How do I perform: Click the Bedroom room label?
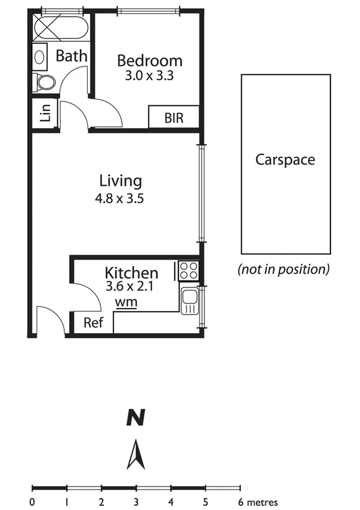click(150, 61)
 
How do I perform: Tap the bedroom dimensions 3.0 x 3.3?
click(150, 76)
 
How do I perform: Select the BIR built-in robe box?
click(174, 118)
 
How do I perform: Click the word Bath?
click(72, 56)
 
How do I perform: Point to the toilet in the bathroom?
click(44, 81)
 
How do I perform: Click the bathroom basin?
click(40, 57)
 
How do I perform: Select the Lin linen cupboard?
click(46, 113)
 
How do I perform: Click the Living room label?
click(120, 180)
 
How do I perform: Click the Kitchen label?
click(132, 272)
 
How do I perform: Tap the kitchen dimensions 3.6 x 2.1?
click(130, 287)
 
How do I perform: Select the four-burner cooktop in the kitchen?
click(188, 270)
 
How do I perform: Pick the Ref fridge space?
click(93, 323)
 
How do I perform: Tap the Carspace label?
click(285, 159)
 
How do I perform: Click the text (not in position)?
click(284, 269)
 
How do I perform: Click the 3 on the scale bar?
click(136, 502)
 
